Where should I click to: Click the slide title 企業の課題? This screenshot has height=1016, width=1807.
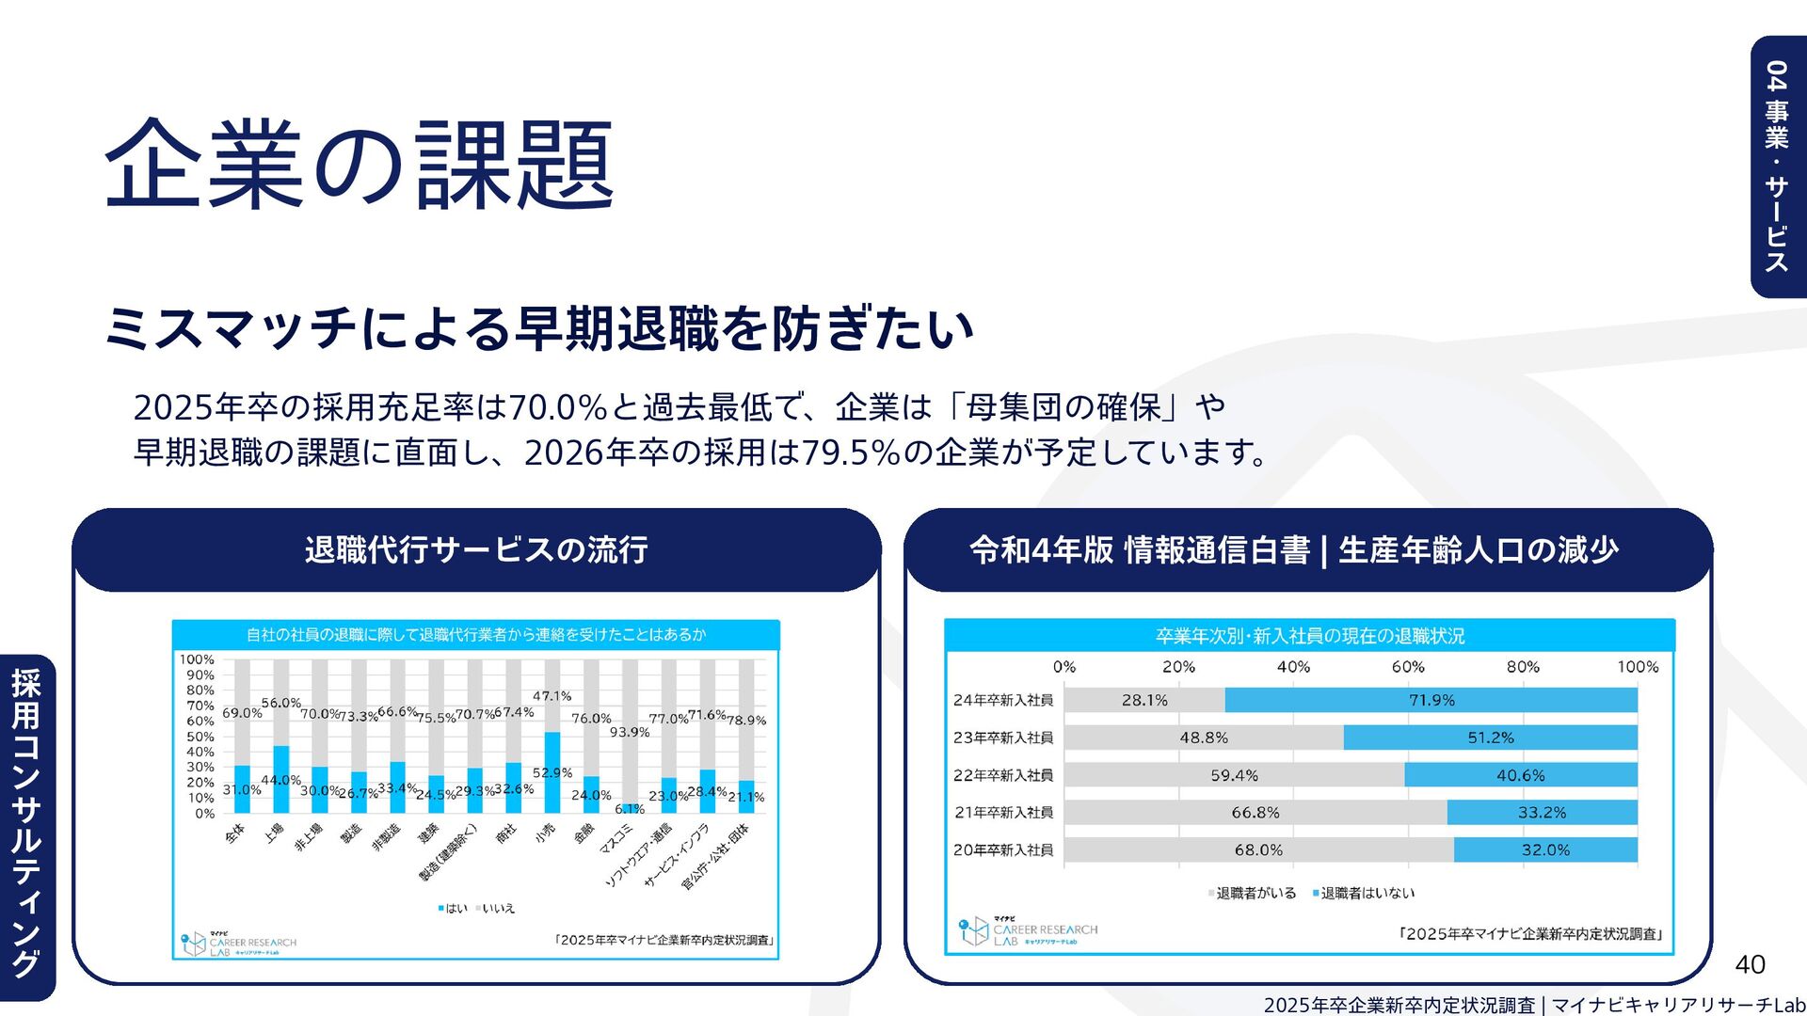pyautogui.click(x=359, y=164)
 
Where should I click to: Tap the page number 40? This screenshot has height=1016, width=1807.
pyautogui.click(x=1750, y=964)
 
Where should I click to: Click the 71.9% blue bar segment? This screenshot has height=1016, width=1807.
pyautogui.click(x=1431, y=700)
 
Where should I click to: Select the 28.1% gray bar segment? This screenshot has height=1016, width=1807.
pyautogui.click(x=1144, y=700)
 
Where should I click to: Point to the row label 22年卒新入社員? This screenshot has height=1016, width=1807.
pyautogui.click(x=1003, y=775)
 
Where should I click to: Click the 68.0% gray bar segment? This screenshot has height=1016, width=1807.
pyautogui.click(x=1258, y=849)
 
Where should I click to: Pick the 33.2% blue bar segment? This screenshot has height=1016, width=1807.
pyautogui.click(x=1542, y=812)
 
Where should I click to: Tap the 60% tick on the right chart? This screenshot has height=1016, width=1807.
pyautogui.click(x=1408, y=667)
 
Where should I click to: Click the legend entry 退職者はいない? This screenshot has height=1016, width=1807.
pyautogui.click(x=1364, y=893)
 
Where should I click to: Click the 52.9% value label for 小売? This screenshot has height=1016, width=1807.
pyautogui.click(x=552, y=772)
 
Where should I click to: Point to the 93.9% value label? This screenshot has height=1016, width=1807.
pyautogui.click(x=630, y=732)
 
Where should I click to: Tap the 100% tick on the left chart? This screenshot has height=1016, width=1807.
pyautogui.click(x=197, y=659)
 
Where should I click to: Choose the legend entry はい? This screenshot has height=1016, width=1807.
pyautogui.click(x=453, y=908)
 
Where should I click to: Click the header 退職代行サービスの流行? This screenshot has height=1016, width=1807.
pyautogui.click(x=476, y=550)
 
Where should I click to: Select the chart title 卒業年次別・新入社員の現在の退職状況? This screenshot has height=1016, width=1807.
pyautogui.click(x=1309, y=636)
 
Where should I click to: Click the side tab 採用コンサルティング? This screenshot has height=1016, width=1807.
pyautogui.click(x=26, y=824)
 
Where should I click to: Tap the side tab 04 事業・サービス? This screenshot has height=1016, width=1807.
pyautogui.click(x=1777, y=167)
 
